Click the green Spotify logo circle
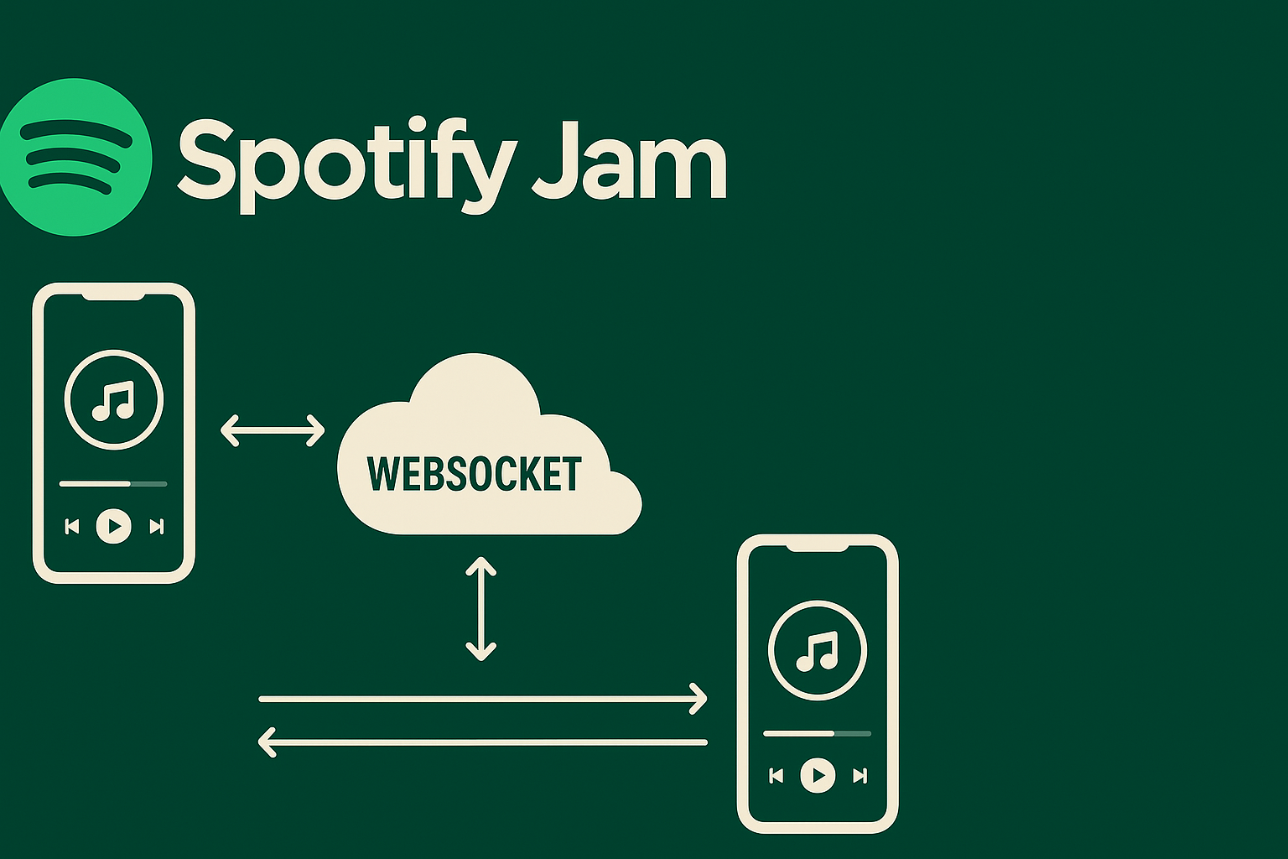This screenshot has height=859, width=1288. pos(75,157)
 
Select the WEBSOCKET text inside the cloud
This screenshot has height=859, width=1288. pos(475,474)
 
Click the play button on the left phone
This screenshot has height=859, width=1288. pos(114,526)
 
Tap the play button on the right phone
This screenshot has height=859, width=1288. pos(818,776)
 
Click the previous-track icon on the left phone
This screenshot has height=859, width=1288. pos(72,527)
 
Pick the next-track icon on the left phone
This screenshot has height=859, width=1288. pos(157,527)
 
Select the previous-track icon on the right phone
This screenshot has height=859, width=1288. pos(776,776)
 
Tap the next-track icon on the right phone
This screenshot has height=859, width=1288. pos(860,776)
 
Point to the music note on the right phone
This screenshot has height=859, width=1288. pos(818,651)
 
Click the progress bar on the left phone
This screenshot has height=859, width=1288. pos(113,484)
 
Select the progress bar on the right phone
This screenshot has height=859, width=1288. pos(817,733)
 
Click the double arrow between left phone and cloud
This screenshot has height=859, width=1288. pos(273,430)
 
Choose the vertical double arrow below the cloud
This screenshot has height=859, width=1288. pos(480,609)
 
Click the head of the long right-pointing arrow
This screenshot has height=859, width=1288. pos(699,699)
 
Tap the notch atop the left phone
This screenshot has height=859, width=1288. pos(113,297)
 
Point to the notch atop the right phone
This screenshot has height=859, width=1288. pos(817,548)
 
